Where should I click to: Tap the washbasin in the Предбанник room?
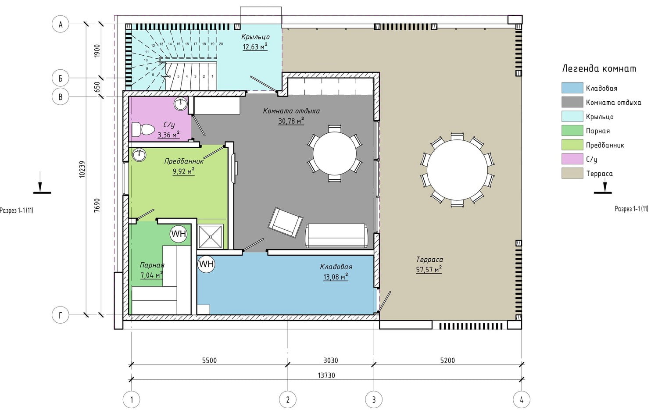139,155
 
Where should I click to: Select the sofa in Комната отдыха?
336,235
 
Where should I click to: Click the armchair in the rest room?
285,222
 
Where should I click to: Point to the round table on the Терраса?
457,170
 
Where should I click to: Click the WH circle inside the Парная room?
179,234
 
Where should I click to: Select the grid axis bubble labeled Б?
61,78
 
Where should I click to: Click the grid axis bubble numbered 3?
374,400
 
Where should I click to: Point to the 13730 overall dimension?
326,375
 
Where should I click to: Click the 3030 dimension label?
331,360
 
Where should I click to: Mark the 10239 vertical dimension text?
82,169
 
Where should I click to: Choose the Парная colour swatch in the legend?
572,131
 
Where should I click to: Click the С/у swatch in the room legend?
572,159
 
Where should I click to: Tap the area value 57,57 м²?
429,269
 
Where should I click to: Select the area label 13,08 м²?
336,277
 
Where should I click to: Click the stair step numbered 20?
221,44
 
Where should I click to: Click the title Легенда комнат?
599,69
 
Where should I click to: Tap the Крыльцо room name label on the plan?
255,37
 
